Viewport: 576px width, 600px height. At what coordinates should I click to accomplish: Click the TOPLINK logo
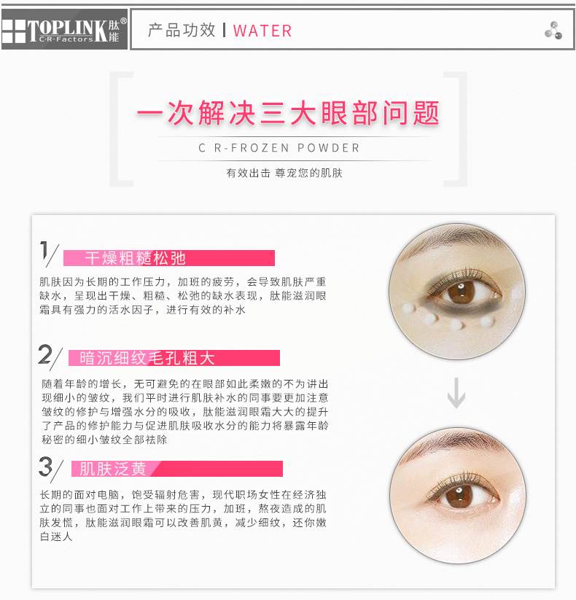[64, 29]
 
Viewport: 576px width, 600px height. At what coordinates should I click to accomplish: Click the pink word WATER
[262, 31]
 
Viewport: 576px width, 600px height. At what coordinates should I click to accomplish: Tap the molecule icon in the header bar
[553, 30]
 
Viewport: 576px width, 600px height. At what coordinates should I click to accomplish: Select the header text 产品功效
[182, 30]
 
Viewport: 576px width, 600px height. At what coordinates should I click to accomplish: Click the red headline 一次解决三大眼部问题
[288, 113]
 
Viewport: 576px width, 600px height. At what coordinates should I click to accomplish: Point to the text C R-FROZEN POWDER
[279, 148]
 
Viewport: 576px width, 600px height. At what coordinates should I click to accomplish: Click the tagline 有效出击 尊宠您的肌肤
[284, 173]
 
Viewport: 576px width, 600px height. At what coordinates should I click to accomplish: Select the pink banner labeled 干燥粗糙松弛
[168, 258]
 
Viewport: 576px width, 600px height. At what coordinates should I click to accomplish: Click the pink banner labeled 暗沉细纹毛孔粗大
[174, 358]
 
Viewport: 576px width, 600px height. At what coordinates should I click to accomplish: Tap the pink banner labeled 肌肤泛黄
[177, 469]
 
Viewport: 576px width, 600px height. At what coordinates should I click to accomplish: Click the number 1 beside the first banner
[44, 251]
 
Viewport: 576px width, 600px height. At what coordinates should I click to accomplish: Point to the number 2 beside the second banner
[44, 354]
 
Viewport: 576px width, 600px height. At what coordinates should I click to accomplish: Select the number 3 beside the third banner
[45, 466]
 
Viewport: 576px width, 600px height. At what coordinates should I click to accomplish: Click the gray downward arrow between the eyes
[456, 393]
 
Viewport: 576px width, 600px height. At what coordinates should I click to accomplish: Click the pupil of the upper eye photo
[462, 292]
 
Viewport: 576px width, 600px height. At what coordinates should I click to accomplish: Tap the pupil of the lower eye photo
[459, 496]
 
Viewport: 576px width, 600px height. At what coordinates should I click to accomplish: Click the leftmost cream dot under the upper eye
[408, 308]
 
